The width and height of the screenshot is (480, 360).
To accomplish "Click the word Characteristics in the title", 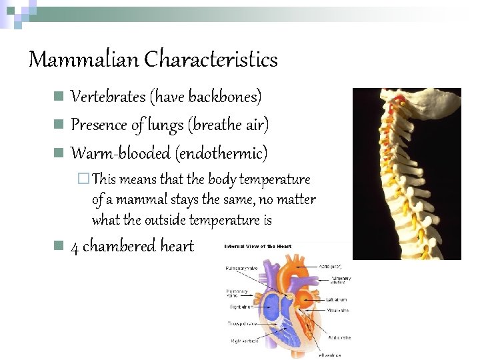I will click(211, 60).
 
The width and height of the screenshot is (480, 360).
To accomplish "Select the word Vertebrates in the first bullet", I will click(108, 97).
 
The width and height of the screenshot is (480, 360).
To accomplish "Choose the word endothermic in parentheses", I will click(221, 153).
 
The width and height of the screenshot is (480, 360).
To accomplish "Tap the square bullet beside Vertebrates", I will click(59, 97).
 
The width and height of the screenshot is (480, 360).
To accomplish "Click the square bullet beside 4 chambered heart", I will click(59, 246).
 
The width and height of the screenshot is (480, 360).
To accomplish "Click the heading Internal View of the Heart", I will click(257, 247).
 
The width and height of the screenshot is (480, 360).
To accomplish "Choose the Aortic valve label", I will click(339, 337).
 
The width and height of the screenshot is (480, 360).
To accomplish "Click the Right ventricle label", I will click(245, 341).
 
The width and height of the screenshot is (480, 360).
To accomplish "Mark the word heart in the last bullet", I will click(177, 247).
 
